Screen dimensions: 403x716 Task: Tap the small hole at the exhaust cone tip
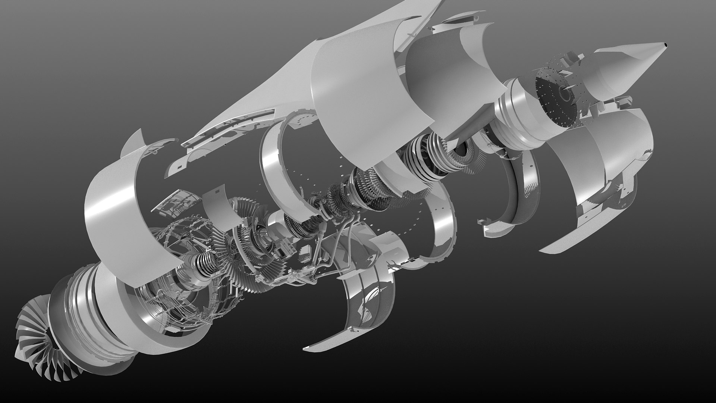tap(665, 46)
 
